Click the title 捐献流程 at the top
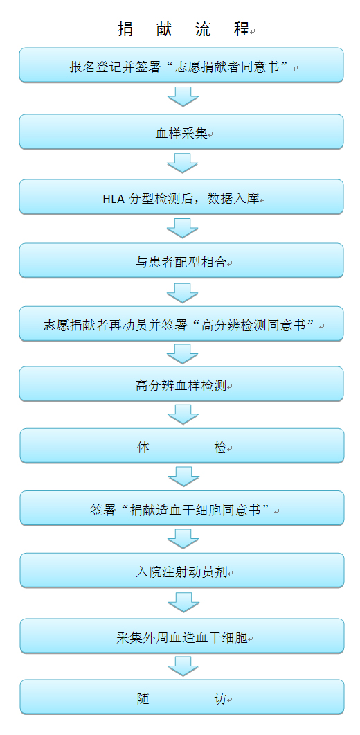(x=183, y=29)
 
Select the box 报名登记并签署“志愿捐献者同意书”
(x=181, y=65)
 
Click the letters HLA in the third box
(x=111, y=199)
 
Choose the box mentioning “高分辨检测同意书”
(x=181, y=324)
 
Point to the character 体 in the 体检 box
(x=143, y=448)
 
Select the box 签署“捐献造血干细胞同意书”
(x=182, y=508)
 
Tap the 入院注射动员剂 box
(x=182, y=570)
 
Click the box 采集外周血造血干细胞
(x=182, y=636)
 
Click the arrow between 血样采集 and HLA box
(x=183, y=163)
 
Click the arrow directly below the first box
(x=183, y=96)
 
